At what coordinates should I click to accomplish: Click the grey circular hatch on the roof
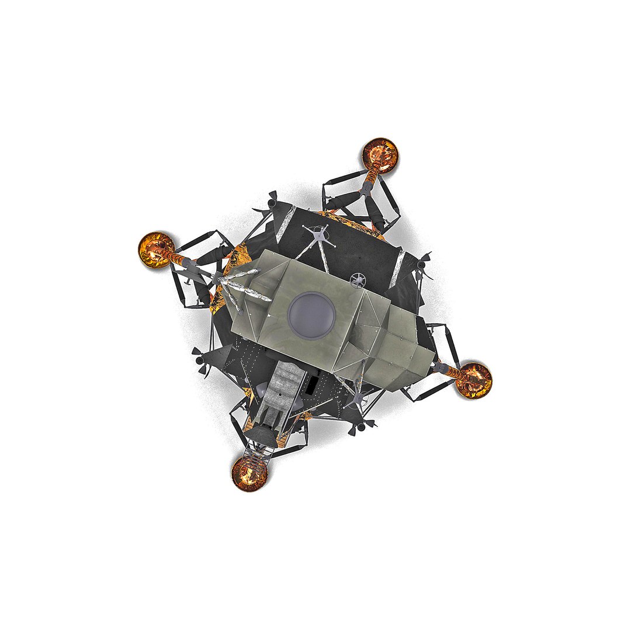coord(312,315)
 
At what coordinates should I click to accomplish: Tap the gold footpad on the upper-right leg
coord(380,154)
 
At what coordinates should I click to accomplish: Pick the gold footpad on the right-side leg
coord(473,380)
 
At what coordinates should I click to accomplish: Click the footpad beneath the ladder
coord(250,474)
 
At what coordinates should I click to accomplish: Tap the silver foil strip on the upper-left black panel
coord(286,224)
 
